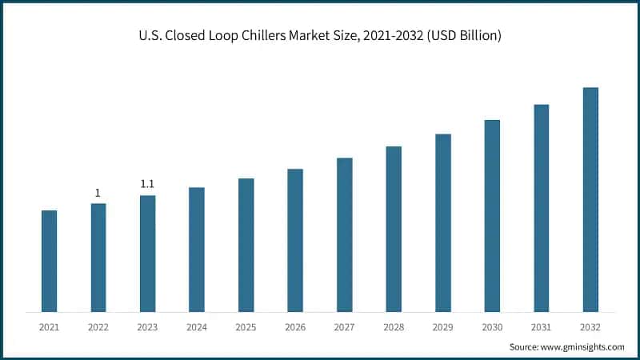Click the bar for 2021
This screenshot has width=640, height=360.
[50, 261]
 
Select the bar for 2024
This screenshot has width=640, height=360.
[197, 250]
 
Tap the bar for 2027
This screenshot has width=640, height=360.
[344, 234]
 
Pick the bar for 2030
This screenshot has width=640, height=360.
[492, 216]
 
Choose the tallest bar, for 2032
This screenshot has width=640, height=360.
[590, 199]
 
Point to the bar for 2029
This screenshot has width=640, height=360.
[443, 222]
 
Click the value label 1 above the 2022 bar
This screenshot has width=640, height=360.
[98, 193]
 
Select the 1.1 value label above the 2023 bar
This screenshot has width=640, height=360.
[147, 184]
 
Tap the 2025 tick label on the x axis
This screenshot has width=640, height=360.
[246, 327]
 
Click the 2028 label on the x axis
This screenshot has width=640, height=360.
[394, 327]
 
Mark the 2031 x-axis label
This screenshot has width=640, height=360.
[541, 327]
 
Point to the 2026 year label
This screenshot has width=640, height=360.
[295, 327]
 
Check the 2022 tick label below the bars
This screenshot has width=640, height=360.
[98, 327]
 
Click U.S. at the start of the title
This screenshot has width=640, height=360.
[150, 37]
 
